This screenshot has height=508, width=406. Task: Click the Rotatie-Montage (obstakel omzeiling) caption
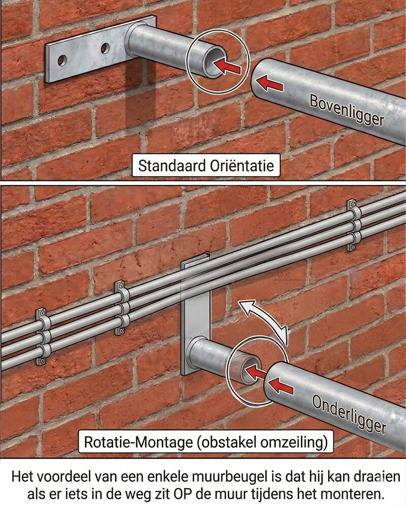click(206, 442)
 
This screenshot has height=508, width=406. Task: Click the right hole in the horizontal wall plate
click(105, 48)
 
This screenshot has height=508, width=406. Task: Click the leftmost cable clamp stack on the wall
click(42, 337)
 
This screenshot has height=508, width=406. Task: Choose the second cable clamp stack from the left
click(121, 308)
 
